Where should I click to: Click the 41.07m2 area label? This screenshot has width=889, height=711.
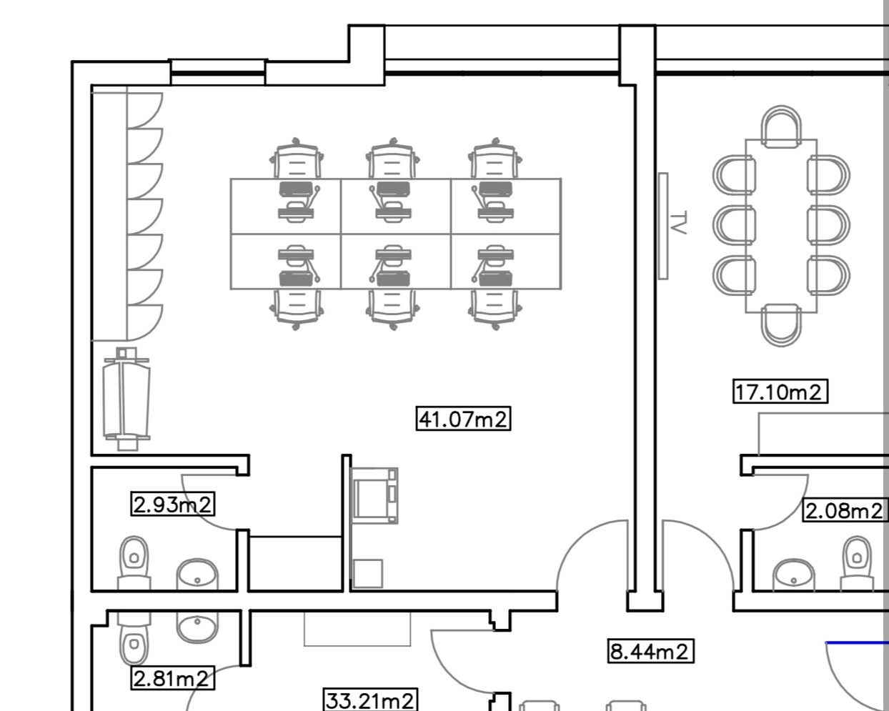pyautogui.click(x=463, y=418)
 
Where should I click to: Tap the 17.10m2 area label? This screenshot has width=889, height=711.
pyautogui.click(x=780, y=392)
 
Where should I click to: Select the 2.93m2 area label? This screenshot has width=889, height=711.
pyautogui.click(x=173, y=504)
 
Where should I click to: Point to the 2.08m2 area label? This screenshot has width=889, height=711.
pyautogui.click(x=844, y=510)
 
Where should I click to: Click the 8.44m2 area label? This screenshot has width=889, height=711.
pyautogui.click(x=650, y=651)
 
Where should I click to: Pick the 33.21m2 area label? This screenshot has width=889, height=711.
pyautogui.click(x=370, y=700)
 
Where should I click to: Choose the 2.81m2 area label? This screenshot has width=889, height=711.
pyautogui.click(x=173, y=677)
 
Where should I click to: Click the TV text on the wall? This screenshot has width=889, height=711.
pyautogui.click(x=679, y=222)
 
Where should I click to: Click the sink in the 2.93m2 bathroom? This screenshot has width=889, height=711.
pyautogui.click(x=197, y=573)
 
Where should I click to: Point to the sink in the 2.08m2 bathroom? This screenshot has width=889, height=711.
pyautogui.click(x=793, y=573)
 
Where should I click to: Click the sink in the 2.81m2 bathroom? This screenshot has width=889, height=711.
pyautogui.click(x=197, y=627)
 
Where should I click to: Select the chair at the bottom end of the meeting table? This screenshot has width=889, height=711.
pyautogui.click(x=780, y=326)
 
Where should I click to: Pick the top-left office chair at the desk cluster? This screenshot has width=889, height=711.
pyautogui.click(x=297, y=159)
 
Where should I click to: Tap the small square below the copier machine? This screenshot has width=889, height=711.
pyautogui.click(x=368, y=573)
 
